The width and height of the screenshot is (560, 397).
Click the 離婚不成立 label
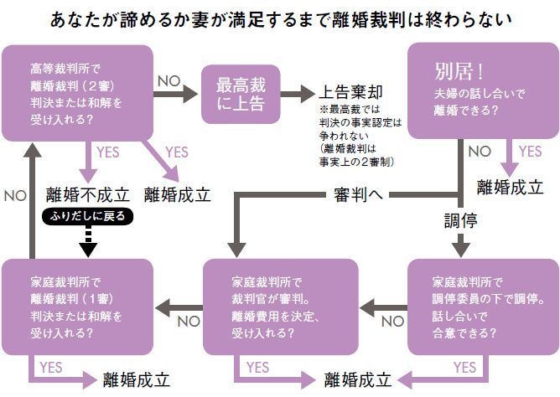[88, 194]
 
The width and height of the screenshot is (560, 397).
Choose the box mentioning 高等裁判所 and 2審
[77, 93]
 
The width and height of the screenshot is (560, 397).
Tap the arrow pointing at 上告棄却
[298, 93]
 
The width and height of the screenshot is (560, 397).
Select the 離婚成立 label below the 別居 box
[510, 187]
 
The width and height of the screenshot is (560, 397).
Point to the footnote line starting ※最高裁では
[350, 111]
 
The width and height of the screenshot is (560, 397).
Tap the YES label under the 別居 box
[531, 152]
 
